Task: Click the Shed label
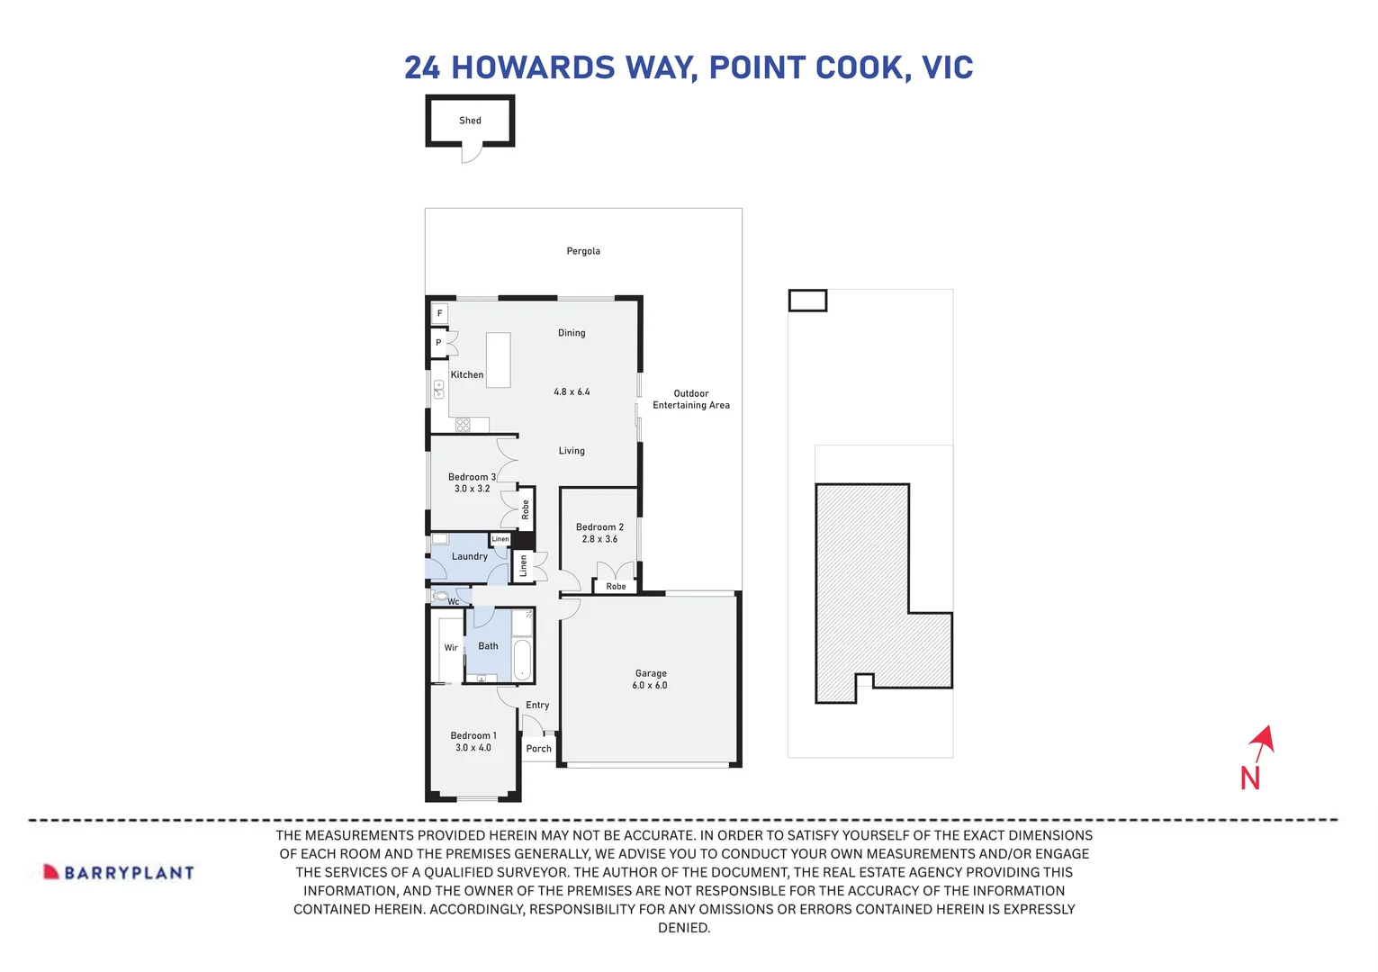tap(470, 121)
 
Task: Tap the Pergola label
tap(583, 251)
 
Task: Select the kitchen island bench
tap(498, 360)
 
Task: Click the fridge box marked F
tap(439, 313)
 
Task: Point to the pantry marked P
tap(438, 343)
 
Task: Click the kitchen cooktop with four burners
tap(463, 425)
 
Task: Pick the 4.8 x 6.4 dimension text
tap(572, 391)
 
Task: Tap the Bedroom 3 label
tap(472, 477)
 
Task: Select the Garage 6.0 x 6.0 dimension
tap(650, 686)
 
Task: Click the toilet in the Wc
tap(440, 596)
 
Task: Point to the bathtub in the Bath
tap(522, 660)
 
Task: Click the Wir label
tap(451, 648)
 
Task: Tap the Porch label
tap(538, 749)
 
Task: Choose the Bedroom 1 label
tap(473, 735)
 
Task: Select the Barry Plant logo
tap(119, 872)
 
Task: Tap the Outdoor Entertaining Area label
tap(691, 400)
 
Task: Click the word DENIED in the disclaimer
tap(684, 928)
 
